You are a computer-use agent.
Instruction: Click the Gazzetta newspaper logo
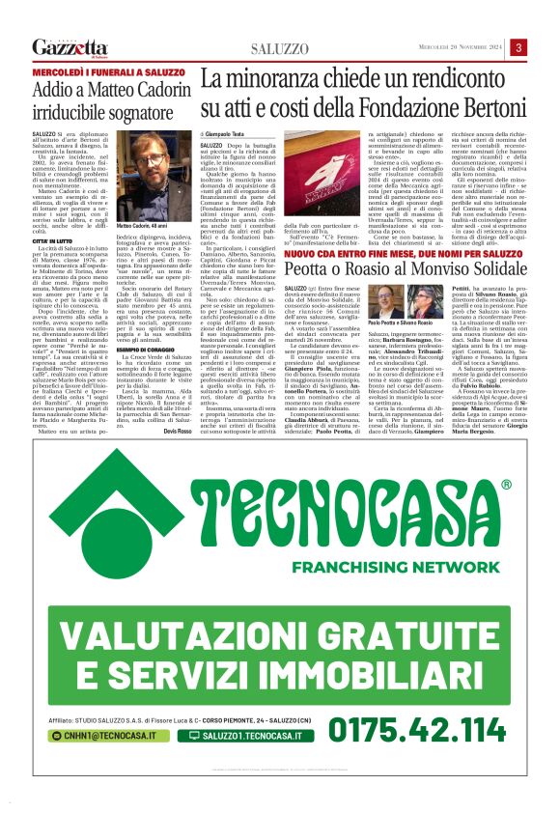click(70, 46)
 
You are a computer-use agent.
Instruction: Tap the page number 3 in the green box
click(518, 47)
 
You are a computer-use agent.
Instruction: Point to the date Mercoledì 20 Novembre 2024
click(459, 47)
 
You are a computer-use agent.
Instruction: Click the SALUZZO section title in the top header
click(280, 47)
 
